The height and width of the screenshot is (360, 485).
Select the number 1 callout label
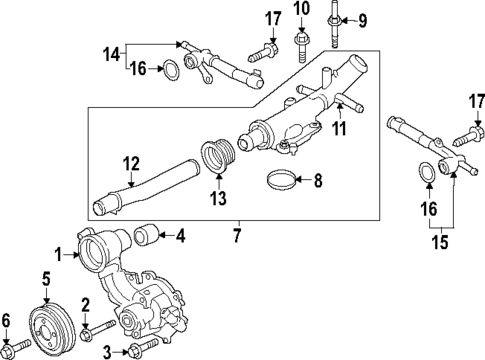tap(58, 255)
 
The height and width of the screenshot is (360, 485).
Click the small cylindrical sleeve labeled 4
tap(148, 237)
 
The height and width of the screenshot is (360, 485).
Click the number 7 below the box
tap(238, 236)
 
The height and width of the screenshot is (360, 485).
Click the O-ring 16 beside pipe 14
tap(171, 71)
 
